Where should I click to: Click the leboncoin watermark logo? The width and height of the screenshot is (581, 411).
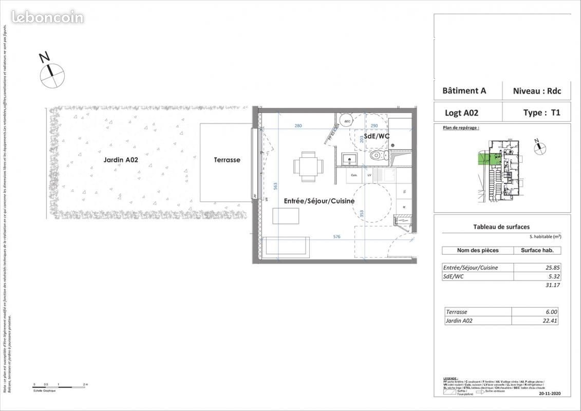coord(47,17)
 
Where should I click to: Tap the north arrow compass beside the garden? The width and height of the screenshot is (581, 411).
coord(52,75)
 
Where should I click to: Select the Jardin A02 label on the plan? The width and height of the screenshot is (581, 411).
coord(121,160)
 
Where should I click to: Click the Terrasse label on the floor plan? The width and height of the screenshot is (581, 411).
coord(227,160)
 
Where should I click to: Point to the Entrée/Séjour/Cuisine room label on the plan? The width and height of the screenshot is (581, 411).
coord(312,201)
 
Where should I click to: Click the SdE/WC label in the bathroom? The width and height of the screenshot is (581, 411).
coord(377,136)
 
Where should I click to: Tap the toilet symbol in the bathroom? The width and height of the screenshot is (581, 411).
coord(378,155)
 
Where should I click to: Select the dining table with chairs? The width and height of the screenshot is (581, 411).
coord(309,166)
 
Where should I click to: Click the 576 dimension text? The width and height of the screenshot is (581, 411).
coord(336,237)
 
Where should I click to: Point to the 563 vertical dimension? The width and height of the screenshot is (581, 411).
coord(275,185)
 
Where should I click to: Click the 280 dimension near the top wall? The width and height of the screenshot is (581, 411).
coord(298,126)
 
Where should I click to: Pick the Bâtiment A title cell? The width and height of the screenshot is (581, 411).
coord(464,91)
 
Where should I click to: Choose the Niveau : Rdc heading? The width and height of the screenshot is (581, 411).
coord(537,91)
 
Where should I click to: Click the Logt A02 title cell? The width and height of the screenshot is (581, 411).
coord(461,113)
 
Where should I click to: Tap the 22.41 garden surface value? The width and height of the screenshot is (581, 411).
coord(549,321)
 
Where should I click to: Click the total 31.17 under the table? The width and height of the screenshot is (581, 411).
coord(549,285)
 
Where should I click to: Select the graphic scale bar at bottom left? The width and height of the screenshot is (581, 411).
coord(59,385)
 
